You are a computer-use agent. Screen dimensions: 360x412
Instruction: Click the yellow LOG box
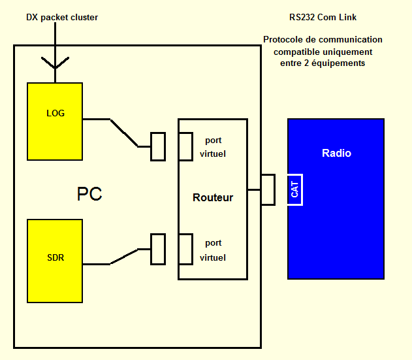55,113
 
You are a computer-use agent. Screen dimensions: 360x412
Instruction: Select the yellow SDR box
55,257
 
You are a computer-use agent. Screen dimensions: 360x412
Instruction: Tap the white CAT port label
295,189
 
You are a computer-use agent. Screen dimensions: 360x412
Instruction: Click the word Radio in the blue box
336,154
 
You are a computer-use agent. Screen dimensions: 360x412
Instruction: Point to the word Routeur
213,197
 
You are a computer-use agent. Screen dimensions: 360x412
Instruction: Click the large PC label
89,195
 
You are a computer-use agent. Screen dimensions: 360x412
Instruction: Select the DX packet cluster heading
62,18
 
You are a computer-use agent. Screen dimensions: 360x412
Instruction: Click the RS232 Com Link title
323,18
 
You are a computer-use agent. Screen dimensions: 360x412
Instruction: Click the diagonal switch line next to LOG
123,133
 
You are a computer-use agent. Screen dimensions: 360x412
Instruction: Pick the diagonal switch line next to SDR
124,256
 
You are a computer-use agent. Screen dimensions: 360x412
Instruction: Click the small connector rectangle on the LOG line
158,146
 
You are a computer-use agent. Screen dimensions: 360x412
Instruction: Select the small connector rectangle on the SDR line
158,249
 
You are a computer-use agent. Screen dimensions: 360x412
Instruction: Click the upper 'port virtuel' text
213,148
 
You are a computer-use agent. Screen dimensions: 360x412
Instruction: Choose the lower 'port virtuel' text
213,250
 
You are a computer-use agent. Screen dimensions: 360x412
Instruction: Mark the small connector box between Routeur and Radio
268,189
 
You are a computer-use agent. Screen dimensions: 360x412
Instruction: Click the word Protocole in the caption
285,40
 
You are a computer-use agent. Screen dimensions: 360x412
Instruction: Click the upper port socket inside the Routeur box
185,146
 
